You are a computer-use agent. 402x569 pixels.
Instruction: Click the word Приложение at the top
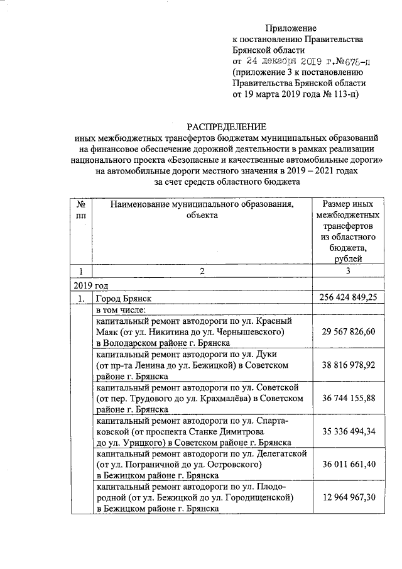(x=291, y=28)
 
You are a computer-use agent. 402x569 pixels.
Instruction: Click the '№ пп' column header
(x=80, y=210)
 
